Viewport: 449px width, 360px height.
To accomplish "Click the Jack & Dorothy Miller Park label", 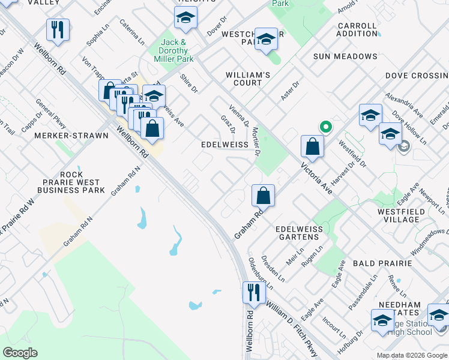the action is click(x=177, y=51).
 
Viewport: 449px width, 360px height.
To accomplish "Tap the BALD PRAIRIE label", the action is click(x=382, y=263).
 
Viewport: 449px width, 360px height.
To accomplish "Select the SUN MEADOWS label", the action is click(x=345, y=56).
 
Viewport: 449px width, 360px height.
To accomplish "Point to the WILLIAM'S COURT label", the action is click(x=248, y=79).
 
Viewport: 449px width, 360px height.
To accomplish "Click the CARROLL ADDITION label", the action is click(x=357, y=30).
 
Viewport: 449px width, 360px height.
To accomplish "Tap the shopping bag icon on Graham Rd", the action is click(x=263, y=195).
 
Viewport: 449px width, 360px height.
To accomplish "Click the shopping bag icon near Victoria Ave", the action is click(x=312, y=146).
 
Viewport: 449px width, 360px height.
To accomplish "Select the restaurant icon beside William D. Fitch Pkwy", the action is click(x=254, y=292).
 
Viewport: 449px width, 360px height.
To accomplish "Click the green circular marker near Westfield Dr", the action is click(x=325, y=127).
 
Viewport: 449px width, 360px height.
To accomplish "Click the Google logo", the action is click(x=20, y=353).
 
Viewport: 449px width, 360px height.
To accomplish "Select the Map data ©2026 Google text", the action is click(x=412, y=355).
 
